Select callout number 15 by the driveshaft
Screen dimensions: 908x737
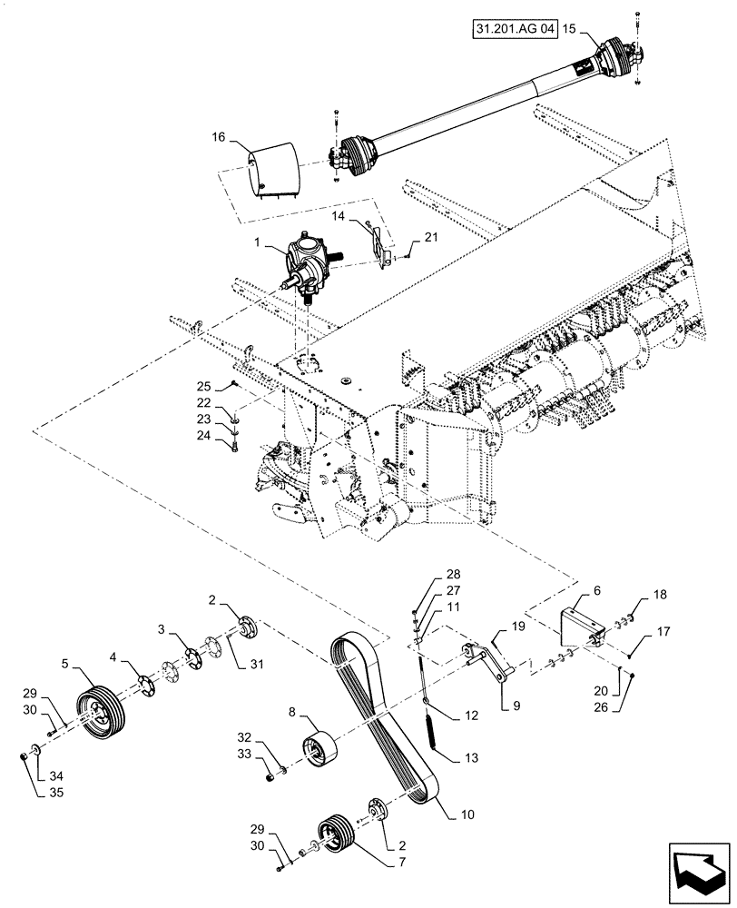(569, 28)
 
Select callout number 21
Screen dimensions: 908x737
(430, 237)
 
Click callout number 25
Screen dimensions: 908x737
(204, 384)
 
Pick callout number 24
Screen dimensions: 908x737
(204, 436)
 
